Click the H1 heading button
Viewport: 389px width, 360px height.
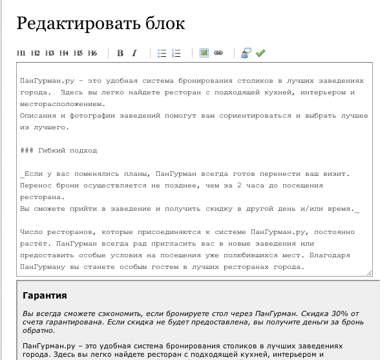click(x=21, y=54)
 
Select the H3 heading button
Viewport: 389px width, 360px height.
click(x=50, y=54)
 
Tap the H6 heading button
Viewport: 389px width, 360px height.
click(x=92, y=54)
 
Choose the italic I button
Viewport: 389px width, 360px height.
click(x=134, y=54)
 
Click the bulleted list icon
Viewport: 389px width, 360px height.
click(x=163, y=54)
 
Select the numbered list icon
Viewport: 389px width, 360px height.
click(x=176, y=54)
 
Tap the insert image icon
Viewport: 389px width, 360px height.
click(x=204, y=54)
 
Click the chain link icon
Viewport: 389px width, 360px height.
click(x=218, y=54)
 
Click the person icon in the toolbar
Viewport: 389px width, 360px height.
click(x=246, y=54)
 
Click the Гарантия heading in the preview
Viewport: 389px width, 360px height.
click(x=45, y=296)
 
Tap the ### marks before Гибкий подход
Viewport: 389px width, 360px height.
click(x=26, y=151)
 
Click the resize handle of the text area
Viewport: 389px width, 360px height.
click(x=369, y=273)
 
